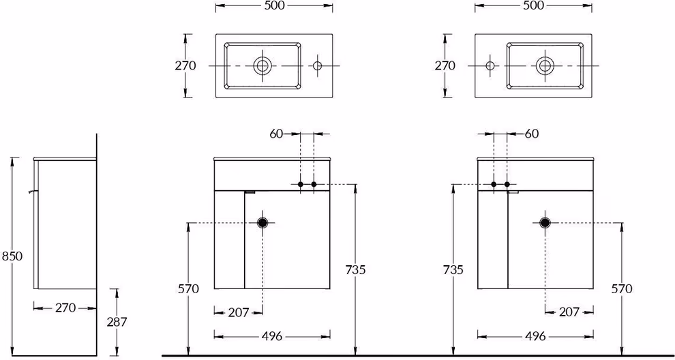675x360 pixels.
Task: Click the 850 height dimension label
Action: [x=12, y=256]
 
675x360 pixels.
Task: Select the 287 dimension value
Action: [x=117, y=322]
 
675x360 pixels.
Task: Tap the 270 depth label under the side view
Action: [x=65, y=308]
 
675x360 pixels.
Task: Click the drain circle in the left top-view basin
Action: [x=262, y=65]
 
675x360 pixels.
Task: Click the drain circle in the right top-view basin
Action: [x=545, y=65]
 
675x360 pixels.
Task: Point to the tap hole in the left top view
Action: [x=317, y=65]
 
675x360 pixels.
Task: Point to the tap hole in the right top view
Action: [x=490, y=65]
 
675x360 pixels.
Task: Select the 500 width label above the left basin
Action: [x=274, y=5]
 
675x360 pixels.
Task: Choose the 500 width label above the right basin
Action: [x=533, y=5]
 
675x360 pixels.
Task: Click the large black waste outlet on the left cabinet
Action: [x=262, y=223]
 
